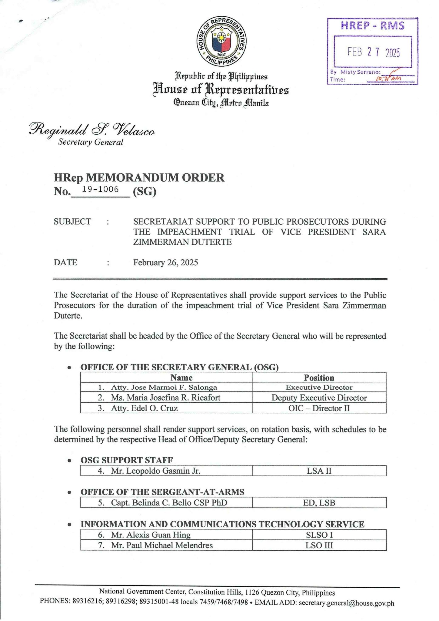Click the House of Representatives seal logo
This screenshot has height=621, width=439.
(x=221, y=41)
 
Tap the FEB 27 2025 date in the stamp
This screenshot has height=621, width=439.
(x=373, y=52)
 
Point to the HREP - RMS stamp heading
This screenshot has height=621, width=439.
(x=373, y=26)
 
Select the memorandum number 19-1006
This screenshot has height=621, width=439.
(x=100, y=190)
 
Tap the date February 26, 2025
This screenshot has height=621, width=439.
(x=165, y=262)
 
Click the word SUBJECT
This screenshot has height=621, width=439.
(x=72, y=222)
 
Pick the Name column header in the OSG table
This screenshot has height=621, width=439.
(x=181, y=378)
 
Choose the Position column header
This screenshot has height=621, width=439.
(x=319, y=378)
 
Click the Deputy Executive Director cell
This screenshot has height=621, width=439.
(x=319, y=398)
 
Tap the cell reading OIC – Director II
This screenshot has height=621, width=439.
(x=319, y=408)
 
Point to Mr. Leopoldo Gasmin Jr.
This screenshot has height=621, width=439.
(x=156, y=471)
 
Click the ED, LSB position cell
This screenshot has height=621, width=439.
(x=319, y=503)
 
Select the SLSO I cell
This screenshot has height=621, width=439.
(x=319, y=535)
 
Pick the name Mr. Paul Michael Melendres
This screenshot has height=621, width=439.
(x=162, y=545)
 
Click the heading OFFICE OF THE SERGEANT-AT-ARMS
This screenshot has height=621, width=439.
(x=162, y=492)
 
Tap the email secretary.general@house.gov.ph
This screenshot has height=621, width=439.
(x=346, y=603)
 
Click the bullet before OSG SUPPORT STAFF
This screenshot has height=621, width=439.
(x=70, y=461)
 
